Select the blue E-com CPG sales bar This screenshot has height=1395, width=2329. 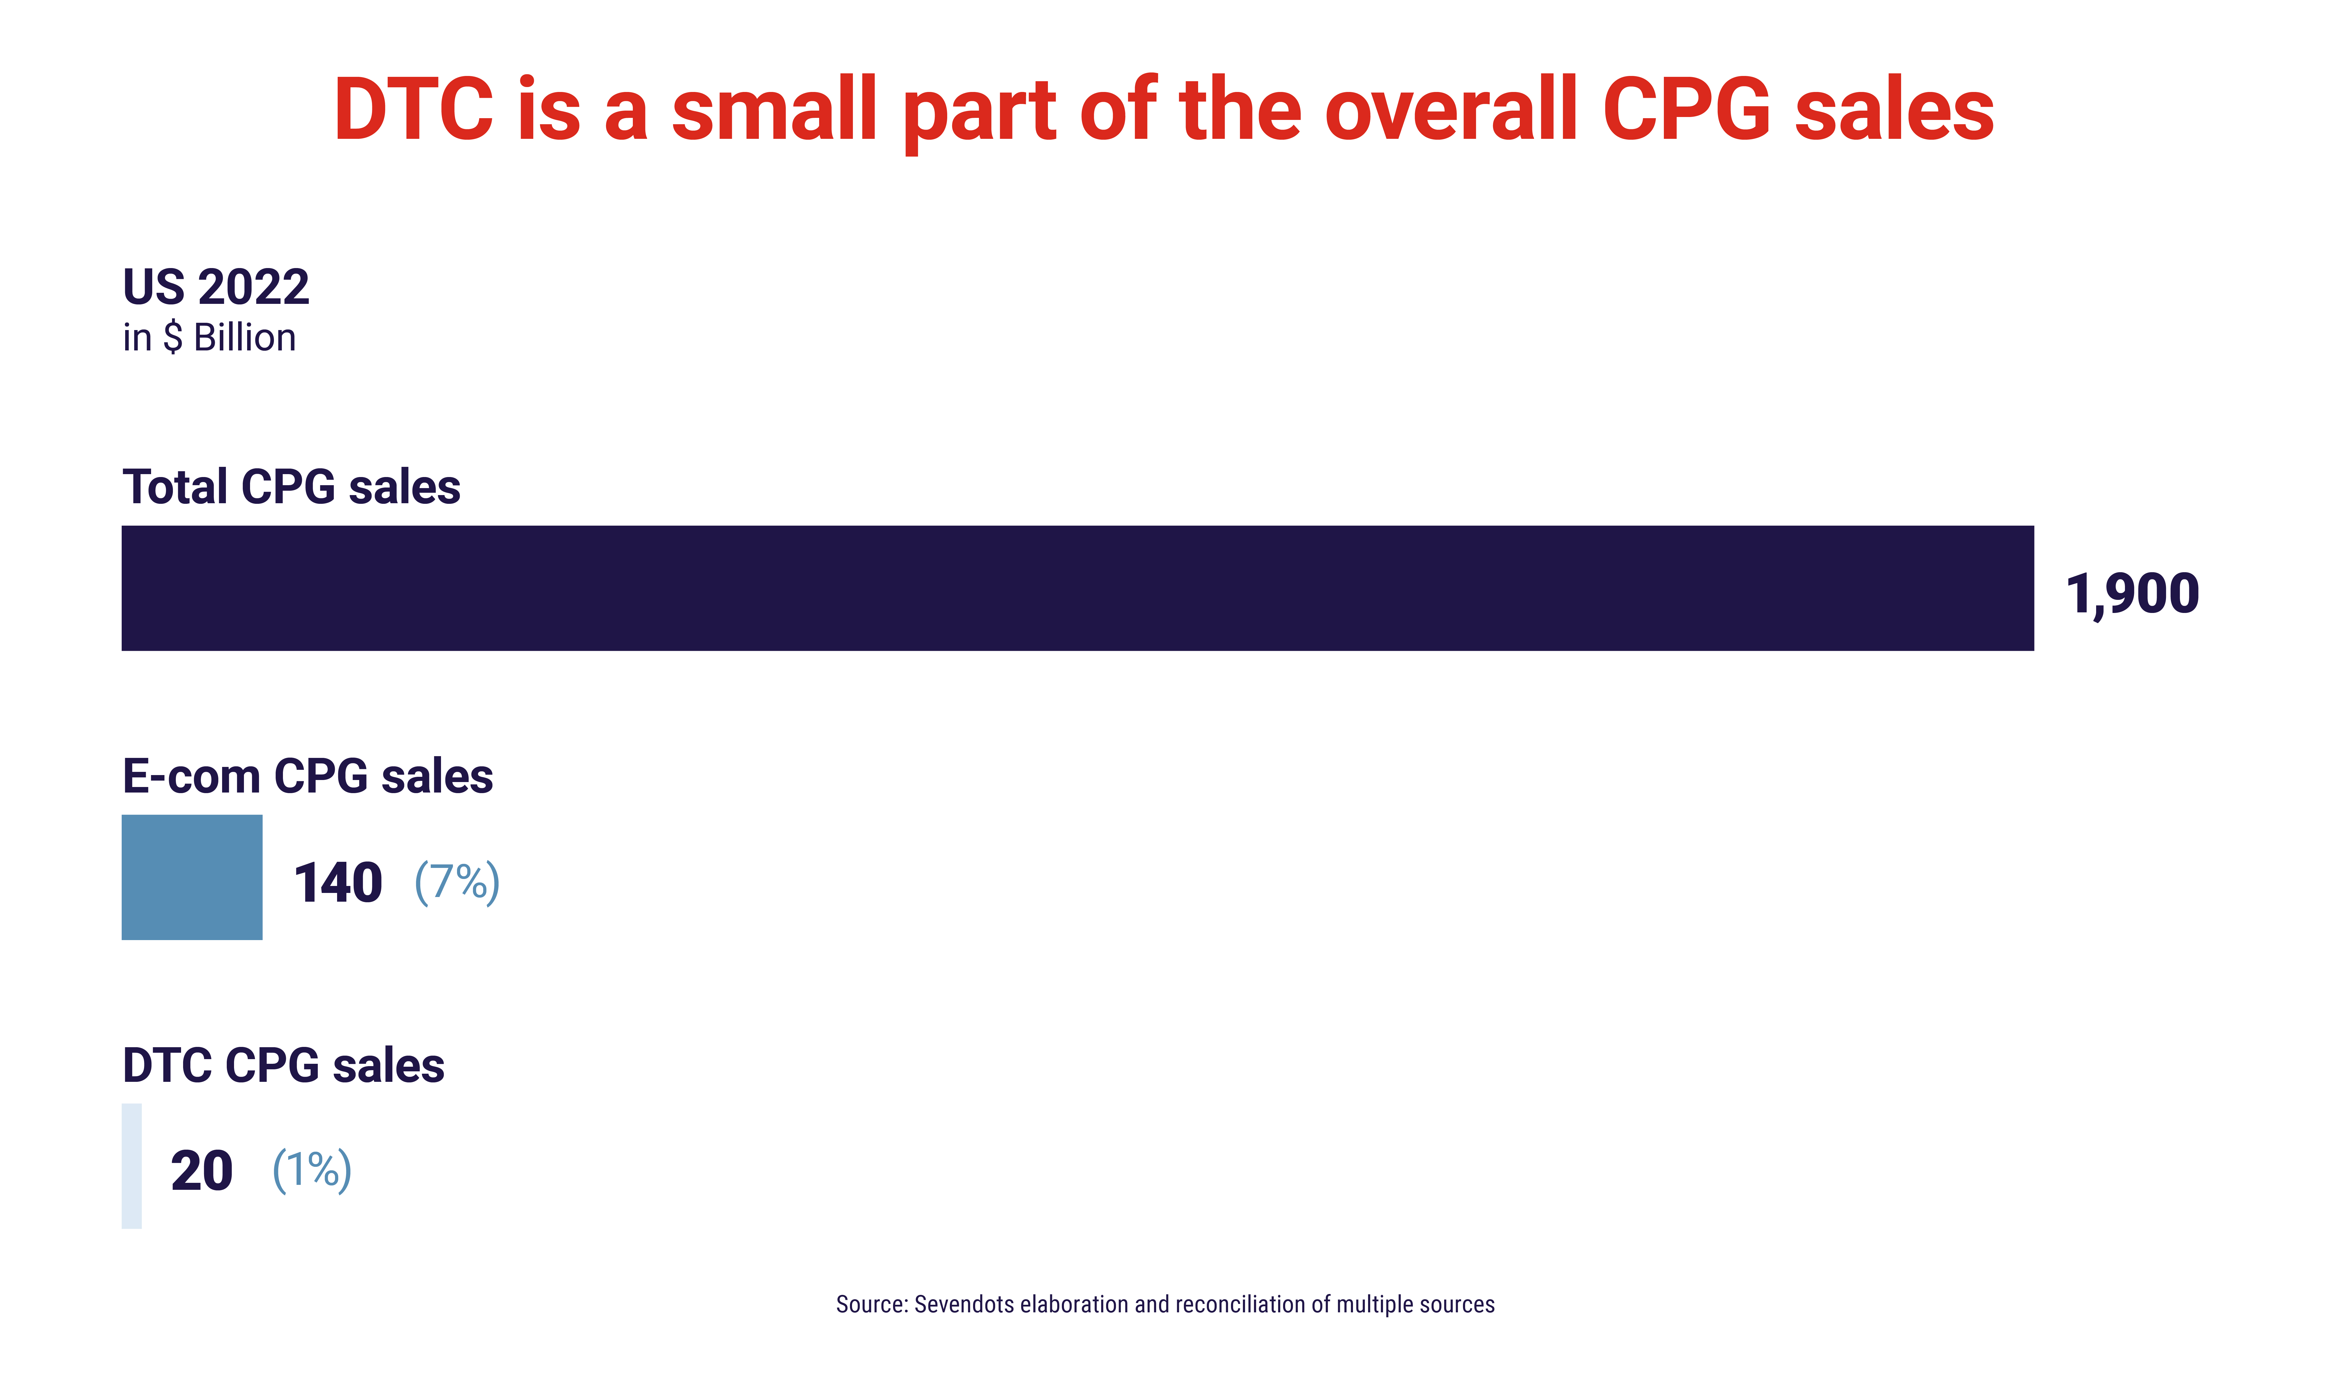[192, 877]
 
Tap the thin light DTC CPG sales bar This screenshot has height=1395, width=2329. [132, 1166]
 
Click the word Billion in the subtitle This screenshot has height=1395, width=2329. [244, 337]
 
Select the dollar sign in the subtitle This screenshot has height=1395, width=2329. [173, 337]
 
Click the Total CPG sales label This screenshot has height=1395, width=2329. [291, 487]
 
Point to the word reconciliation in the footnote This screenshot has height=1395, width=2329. [1241, 1305]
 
